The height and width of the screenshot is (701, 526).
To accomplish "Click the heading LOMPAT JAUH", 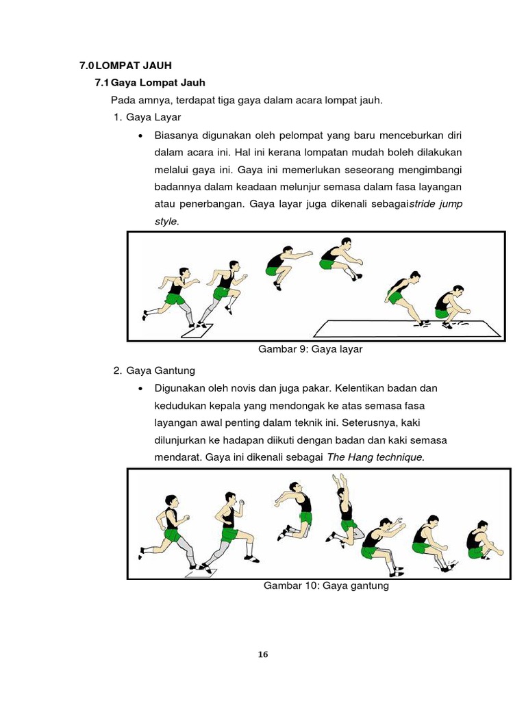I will click(x=134, y=66).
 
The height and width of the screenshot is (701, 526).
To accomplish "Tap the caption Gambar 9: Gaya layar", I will click(x=310, y=349).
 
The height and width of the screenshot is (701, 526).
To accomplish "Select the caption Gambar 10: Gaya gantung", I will click(x=326, y=585).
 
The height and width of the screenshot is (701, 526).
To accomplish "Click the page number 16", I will click(x=263, y=654).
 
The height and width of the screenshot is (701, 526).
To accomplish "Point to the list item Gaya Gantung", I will click(x=160, y=370).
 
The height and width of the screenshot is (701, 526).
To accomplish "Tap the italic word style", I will click(x=166, y=221).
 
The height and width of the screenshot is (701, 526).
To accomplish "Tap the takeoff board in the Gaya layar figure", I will click(x=197, y=331).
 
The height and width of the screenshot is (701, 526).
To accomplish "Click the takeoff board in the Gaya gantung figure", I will click(x=206, y=570).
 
